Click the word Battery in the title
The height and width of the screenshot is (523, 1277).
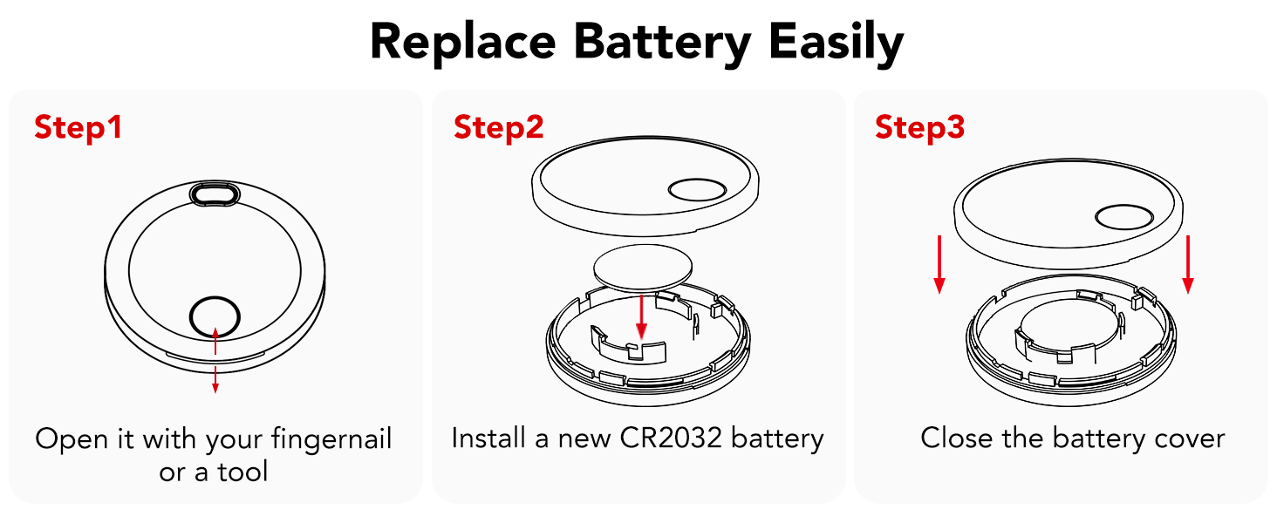pyautogui.click(x=662, y=44)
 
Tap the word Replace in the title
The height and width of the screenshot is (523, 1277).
pyautogui.click(x=462, y=44)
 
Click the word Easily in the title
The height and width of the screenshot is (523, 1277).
pyautogui.click(x=837, y=44)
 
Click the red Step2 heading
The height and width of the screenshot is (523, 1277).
pyautogui.click(x=499, y=127)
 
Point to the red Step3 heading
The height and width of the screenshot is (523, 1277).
pyautogui.click(x=919, y=127)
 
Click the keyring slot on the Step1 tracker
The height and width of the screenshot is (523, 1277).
pyautogui.click(x=215, y=194)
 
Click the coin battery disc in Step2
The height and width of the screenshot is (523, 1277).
pyautogui.click(x=643, y=268)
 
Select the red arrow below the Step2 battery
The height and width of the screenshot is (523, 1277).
pyautogui.click(x=642, y=316)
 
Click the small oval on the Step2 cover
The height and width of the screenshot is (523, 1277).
pyautogui.click(x=697, y=190)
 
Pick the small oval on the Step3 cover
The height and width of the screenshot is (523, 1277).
pyautogui.click(x=1124, y=217)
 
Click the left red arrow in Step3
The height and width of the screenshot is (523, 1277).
pyautogui.click(x=939, y=264)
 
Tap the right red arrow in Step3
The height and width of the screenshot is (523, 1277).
pyautogui.click(x=1188, y=264)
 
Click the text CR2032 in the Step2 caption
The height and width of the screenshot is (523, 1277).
pyautogui.click(x=672, y=438)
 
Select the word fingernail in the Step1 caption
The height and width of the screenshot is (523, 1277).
pyautogui.click(x=331, y=439)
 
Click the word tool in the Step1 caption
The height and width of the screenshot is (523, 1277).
pyautogui.click(x=242, y=472)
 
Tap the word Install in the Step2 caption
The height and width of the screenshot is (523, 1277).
pyautogui.click(x=488, y=438)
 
